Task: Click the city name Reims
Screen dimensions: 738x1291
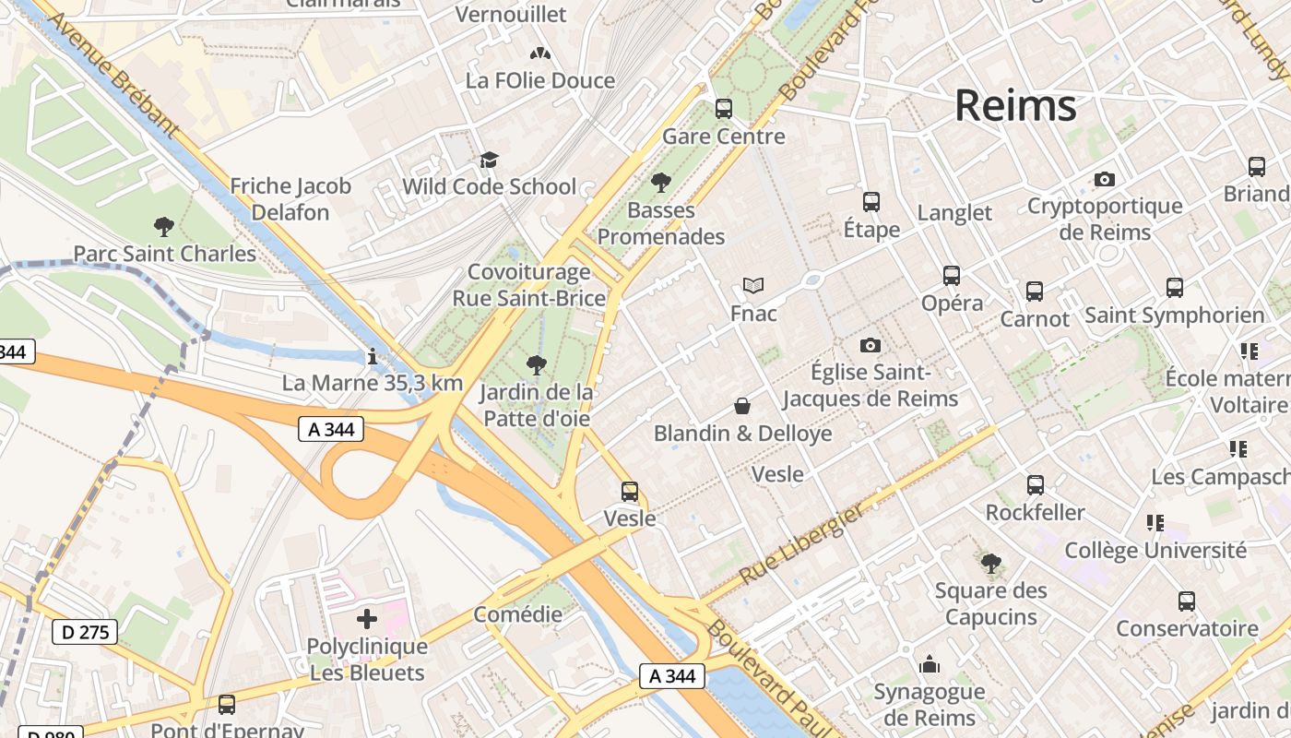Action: (x=1015, y=105)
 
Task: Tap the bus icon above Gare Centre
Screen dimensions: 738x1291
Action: (x=724, y=109)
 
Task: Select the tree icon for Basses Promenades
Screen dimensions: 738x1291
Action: (x=660, y=183)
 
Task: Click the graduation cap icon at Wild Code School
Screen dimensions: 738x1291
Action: (x=489, y=161)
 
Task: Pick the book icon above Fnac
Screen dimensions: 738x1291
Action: (x=753, y=286)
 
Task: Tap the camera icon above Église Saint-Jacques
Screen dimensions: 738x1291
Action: (x=870, y=346)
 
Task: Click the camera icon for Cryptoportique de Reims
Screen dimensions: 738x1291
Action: (x=1104, y=179)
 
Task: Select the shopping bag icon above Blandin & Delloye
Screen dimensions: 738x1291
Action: (x=742, y=406)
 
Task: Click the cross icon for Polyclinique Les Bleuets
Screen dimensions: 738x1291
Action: (x=367, y=619)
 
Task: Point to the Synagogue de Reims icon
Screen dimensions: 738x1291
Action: (x=930, y=664)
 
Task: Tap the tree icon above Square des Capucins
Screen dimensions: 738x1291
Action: (x=991, y=563)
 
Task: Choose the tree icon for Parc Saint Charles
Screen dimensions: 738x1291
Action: (x=164, y=226)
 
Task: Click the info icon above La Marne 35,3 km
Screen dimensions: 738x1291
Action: (x=372, y=356)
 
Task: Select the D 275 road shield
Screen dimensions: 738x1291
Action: (x=85, y=632)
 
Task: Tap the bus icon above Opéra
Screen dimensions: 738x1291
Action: (x=952, y=276)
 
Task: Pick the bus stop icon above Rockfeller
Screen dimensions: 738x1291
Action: (x=1036, y=485)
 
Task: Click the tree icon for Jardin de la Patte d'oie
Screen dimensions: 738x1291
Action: (x=535, y=365)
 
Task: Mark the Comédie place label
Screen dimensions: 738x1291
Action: (x=517, y=614)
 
